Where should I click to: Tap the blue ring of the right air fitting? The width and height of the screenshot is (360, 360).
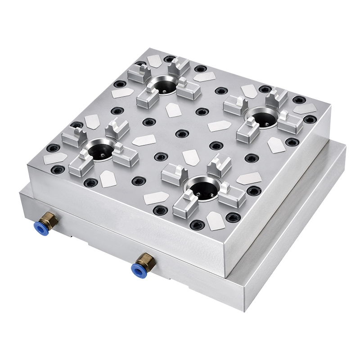pyautogui.click(x=136, y=270)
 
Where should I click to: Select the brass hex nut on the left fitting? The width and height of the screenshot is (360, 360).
pyautogui.click(x=51, y=219)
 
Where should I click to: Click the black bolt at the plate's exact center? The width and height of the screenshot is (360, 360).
pyautogui.click(x=181, y=134)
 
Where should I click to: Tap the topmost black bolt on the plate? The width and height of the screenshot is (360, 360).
pyautogui.click(x=169, y=59)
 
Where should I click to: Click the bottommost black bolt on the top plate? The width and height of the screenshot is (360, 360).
pyautogui.click(x=196, y=225)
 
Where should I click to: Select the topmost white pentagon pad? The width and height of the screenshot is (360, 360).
pyautogui.click(x=154, y=61)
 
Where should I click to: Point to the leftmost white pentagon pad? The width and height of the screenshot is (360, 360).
pyautogui.click(x=54, y=158)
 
